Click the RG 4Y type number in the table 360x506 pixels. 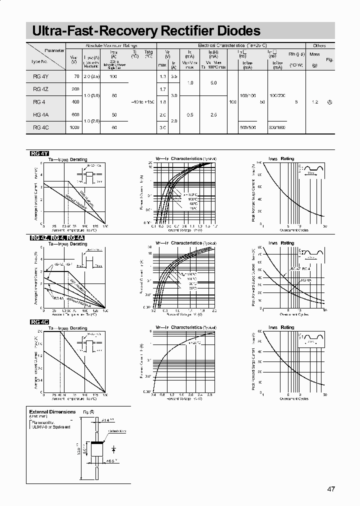pyautogui.click(x=39, y=76)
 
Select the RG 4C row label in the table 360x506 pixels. pyautogui.click(x=39, y=127)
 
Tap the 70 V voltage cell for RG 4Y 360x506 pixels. pyautogui.click(x=76, y=76)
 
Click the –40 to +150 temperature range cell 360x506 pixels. pyautogui.click(x=142, y=102)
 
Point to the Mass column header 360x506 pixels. pyautogui.click(x=314, y=53)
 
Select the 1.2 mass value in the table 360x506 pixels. pyautogui.click(x=314, y=102)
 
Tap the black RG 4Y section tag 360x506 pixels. pyautogui.click(x=39, y=153)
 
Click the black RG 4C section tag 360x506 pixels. pyautogui.click(x=39, y=322)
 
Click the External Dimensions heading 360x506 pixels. pyautogui.click(x=52, y=411)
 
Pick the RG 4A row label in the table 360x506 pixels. pyautogui.click(x=39, y=114)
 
